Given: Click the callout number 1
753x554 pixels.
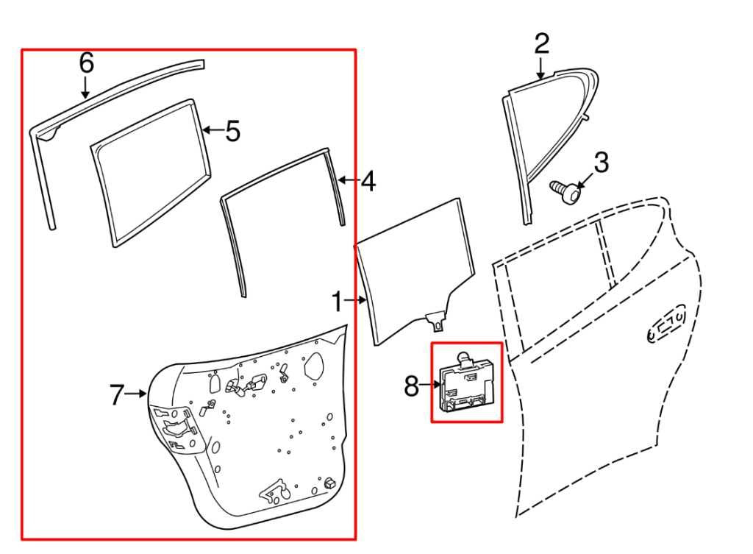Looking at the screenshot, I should tap(337, 302).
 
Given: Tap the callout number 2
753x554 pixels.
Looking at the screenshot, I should tap(541, 44).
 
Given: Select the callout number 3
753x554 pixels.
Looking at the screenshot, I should tap(602, 163).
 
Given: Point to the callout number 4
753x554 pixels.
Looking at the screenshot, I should tap(368, 181).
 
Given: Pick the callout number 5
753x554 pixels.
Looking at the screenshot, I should tap(232, 132).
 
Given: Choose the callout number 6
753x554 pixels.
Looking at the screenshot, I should tap(87, 63).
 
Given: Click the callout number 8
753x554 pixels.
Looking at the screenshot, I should tap(412, 385).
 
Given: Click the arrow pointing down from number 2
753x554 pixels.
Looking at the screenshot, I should tap(541, 69).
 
